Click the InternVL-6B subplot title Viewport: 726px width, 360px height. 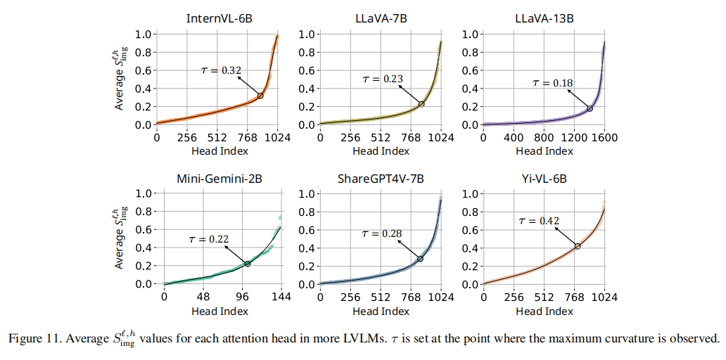tap(218, 19)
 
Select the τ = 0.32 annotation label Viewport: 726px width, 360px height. tap(222, 70)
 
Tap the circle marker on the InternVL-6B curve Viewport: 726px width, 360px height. tap(260, 96)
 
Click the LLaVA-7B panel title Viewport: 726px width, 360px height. tap(381, 19)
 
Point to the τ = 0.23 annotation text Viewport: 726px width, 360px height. tap(383, 79)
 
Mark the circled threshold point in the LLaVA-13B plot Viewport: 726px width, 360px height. tap(590, 108)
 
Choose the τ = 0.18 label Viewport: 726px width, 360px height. tap(552, 83)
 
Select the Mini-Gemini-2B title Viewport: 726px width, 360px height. tap(218, 179)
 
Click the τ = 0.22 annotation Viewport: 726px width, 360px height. tap(209, 239)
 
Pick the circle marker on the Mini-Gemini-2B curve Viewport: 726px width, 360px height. tap(248, 264)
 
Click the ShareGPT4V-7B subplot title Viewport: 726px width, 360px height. tap(381, 179)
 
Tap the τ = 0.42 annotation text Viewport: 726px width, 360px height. tap(539, 221)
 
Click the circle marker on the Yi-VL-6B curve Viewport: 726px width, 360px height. tap(578, 246)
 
